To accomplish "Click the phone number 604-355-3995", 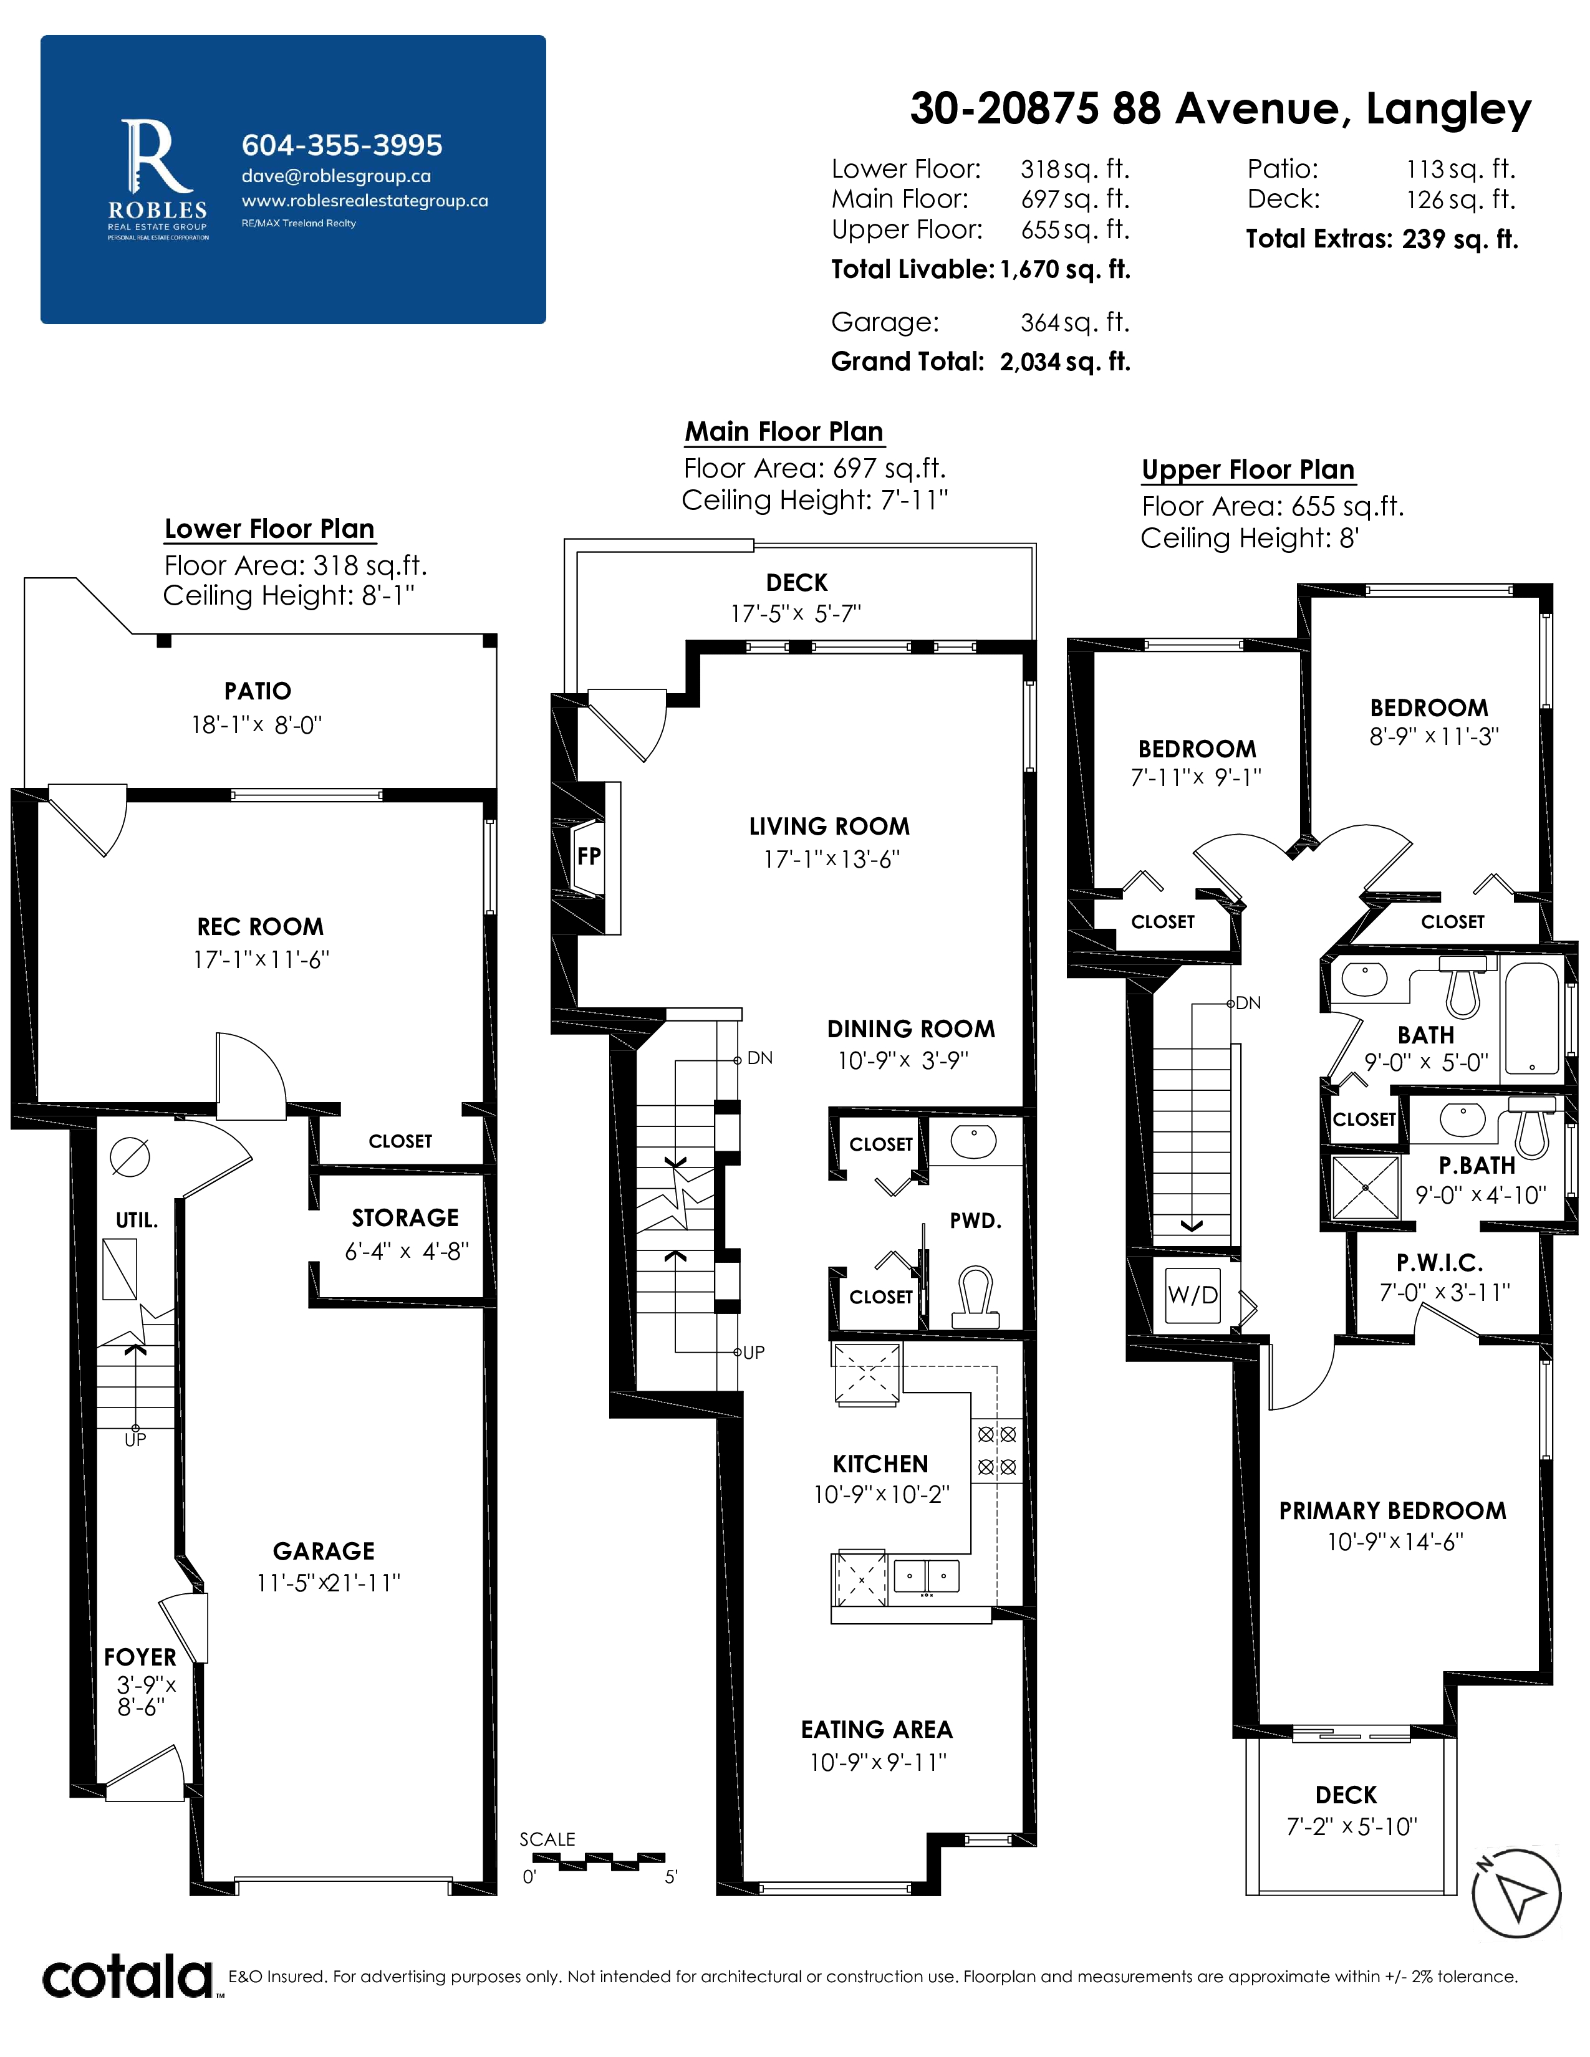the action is [x=342, y=145].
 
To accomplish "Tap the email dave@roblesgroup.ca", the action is [x=336, y=176].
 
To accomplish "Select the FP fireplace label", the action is [x=589, y=856].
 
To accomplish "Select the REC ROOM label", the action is [x=260, y=927].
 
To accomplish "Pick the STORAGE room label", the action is [x=405, y=1218].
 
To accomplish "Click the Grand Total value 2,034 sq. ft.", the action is [x=1066, y=362].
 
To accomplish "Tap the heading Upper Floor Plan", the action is [x=1248, y=469].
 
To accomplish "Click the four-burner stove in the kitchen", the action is [x=996, y=1450].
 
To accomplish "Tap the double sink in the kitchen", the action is [x=926, y=1575].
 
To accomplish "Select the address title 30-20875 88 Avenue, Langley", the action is [x=1221, y=109].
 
